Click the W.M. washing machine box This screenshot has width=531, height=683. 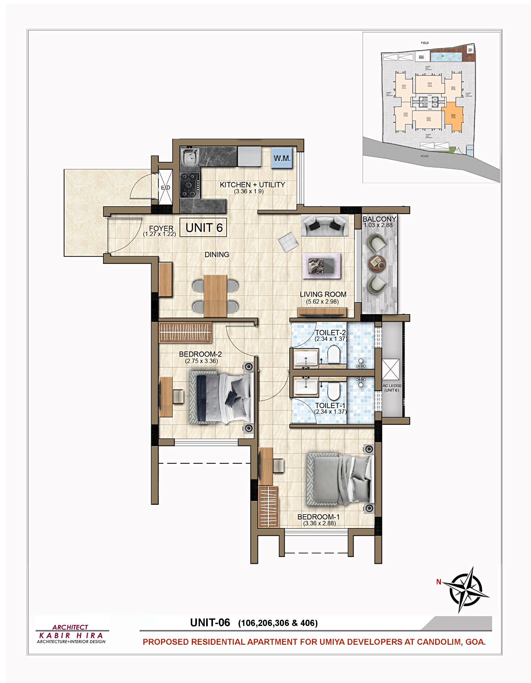pos(282,158)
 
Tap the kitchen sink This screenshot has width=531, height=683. pos(190,157)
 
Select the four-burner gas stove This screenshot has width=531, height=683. pos(190,185)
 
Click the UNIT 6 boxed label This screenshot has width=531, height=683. pos(203,227)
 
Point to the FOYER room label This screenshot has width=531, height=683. pos(161,228)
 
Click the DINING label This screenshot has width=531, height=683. pos(217,254)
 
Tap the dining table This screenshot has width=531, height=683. pos(215,295)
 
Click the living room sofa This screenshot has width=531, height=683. pos(325,225)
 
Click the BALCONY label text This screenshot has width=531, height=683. pos(379,219)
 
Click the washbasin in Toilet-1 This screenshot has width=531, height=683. pos(306,387)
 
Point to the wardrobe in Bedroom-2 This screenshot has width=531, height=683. pos(185,332)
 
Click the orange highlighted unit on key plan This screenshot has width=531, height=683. pos(454,118)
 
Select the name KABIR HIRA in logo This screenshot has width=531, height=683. pos(71,636)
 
